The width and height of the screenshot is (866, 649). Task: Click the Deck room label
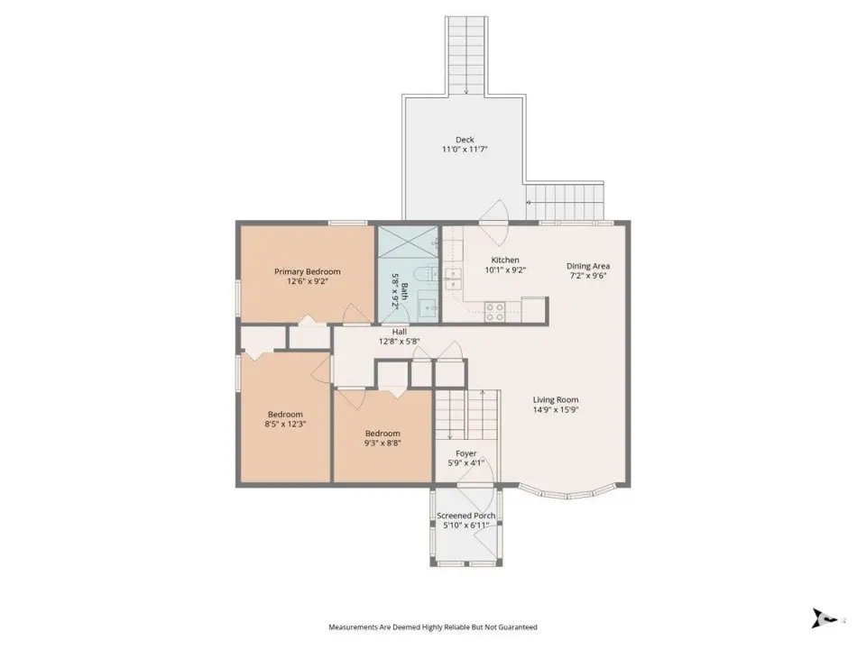(465, 140)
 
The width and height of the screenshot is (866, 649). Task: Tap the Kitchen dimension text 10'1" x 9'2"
(505, 270)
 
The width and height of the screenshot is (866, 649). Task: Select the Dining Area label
(588, 266)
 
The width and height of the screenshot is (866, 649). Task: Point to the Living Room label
(556, 399)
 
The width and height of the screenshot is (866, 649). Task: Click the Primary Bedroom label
(308, 271)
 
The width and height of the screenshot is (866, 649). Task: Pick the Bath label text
(405, 291)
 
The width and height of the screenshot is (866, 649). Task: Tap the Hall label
(400, 332)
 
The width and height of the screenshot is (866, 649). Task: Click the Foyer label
(466, 453)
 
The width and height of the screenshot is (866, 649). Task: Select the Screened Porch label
(466, 516)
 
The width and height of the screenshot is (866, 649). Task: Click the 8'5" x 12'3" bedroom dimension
(286, 425)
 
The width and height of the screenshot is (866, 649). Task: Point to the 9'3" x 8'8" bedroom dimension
(382, 443)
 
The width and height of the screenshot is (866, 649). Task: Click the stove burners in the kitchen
(494, 312)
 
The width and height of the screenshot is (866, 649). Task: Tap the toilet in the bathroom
(426, 274)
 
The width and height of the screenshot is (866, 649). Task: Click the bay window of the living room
(567, 492)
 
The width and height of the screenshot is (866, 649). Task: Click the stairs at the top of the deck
(466, 56)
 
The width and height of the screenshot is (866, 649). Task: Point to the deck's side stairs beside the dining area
(565, 201)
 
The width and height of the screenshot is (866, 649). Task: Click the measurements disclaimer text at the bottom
(433, 627)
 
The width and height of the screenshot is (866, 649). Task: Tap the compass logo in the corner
(824, 618)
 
